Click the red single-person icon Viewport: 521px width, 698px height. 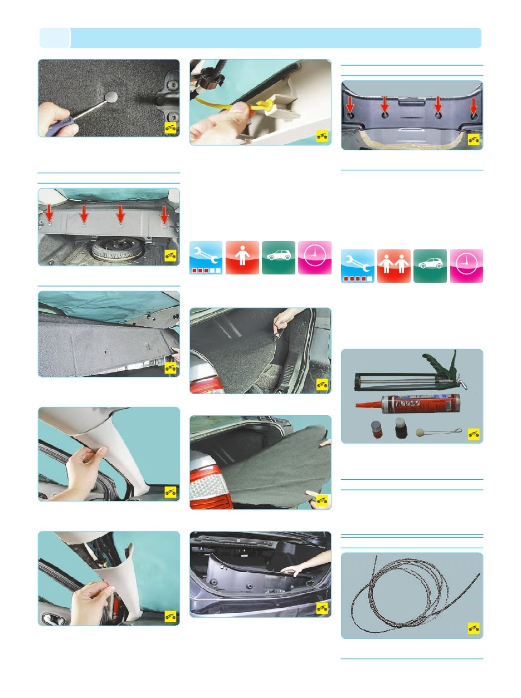click(x=242, y=257)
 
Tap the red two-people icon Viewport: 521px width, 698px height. click(x=393, y=266)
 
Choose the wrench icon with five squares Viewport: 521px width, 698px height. click(x=357, y=266)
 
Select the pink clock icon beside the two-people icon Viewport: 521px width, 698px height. click(x=466, y=266)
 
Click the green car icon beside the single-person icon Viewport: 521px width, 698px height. click(x=279, y=257)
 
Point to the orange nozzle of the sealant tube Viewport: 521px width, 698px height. click(x=368, y=404)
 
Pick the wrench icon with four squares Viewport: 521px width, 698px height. click(x=206, y=257)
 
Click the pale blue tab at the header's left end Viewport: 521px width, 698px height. click(x=55, y=38)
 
